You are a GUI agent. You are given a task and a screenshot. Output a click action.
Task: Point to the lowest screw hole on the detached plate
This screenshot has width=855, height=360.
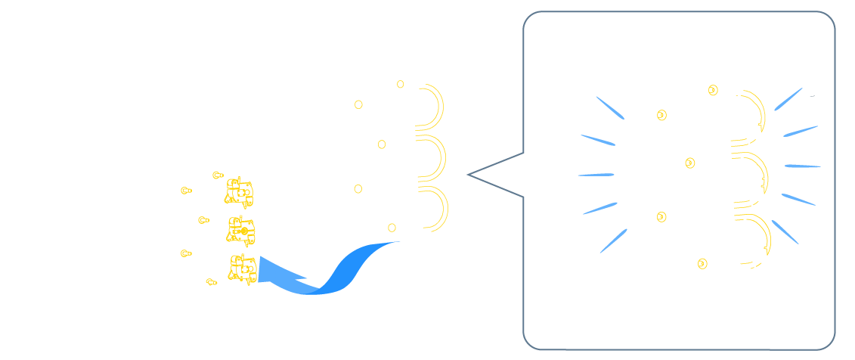[391, 228]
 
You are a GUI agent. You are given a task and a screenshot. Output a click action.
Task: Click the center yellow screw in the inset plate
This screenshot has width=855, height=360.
[689, 162]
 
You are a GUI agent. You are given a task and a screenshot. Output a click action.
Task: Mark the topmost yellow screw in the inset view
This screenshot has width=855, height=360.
[714, 91]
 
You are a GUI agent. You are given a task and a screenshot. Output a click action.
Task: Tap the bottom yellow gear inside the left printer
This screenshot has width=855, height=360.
[243, 268]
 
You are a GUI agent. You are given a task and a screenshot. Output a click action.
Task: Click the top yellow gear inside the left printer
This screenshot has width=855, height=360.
[240, 193]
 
